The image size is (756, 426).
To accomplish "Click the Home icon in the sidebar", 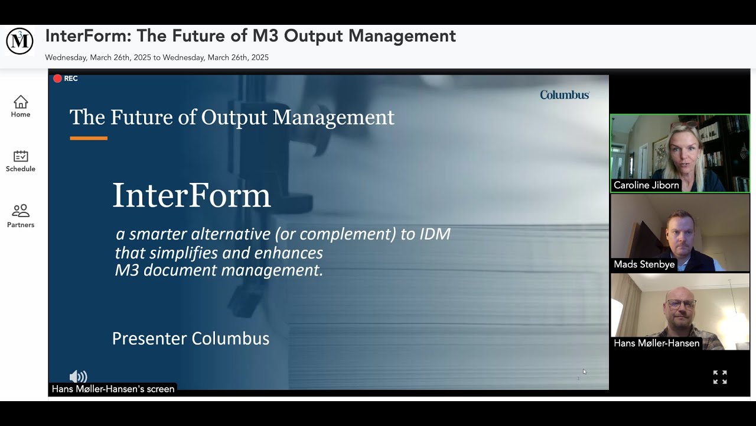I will pos(21,102).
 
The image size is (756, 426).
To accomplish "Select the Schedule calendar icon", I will pos(21,156).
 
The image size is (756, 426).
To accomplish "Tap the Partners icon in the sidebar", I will pos(21,211).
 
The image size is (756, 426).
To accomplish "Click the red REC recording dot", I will pos(57,78).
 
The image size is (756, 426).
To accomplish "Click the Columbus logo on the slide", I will pos(564,95).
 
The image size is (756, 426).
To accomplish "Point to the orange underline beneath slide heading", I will pos(89,138).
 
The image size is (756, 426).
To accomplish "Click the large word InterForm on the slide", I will pos(191,195).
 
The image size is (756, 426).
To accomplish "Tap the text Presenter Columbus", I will pos(191,338).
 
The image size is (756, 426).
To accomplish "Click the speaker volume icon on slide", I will pos(78,377).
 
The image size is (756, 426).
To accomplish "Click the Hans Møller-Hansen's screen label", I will pos(113,389).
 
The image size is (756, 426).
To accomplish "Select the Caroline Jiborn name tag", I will pos(646,185).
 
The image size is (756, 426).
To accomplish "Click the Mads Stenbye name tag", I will pos(644,264).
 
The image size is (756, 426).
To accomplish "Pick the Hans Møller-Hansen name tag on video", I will pos(656,343).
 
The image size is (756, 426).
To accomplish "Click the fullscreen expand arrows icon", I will pos(719,377).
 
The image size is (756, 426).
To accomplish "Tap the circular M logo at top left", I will pos(19,41).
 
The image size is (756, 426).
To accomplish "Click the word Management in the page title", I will pos(402,36).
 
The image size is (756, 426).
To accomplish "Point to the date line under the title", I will pos(157,57).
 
